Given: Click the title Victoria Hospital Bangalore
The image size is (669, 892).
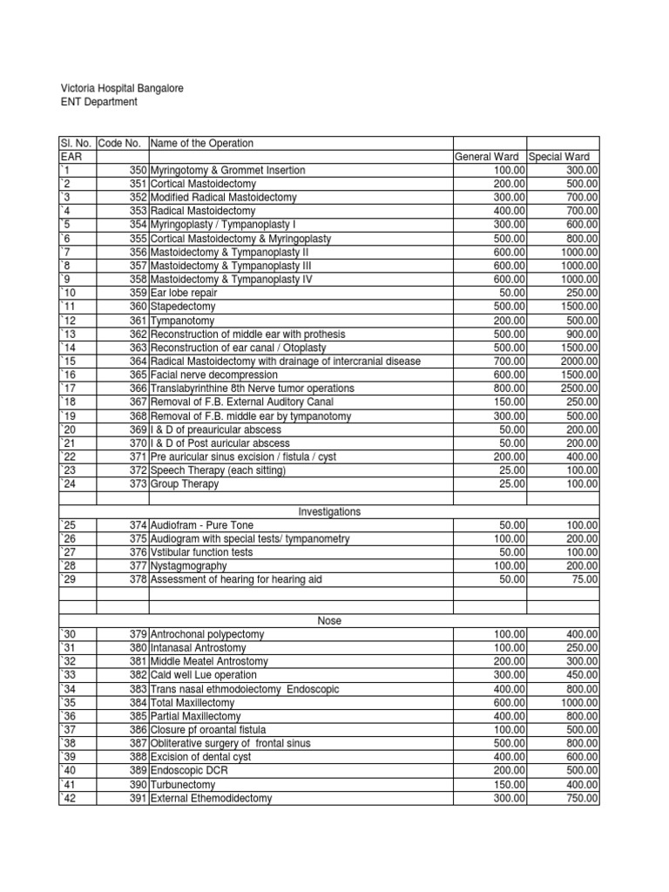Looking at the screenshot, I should tap(121, 89).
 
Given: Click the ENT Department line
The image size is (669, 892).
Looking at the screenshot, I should tap(98, 103).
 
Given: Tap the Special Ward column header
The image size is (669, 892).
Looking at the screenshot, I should tap(563, 157).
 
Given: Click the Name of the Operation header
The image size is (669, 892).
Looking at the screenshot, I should tap(202, 143).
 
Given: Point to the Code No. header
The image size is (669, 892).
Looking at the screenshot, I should tap(121, 143).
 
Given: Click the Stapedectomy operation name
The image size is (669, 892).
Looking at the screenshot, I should tap(183, 307).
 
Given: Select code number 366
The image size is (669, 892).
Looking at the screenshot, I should tap(139, 388).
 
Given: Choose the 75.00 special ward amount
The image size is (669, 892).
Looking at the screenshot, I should tap(584, 579).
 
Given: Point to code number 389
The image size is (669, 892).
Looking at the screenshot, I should tap(139, 770).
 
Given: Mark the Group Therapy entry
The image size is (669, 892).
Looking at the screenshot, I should tap(185, 483).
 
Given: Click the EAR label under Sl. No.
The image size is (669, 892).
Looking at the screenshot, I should tap(70, 157).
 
